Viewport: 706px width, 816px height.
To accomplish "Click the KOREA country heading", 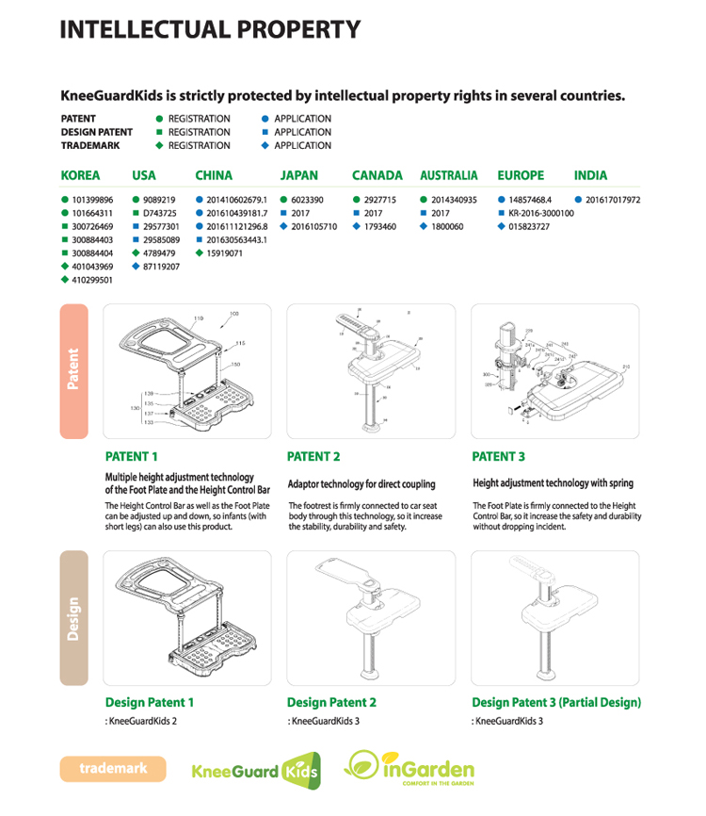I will point(80,175).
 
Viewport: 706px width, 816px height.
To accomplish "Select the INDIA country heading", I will point(590,175).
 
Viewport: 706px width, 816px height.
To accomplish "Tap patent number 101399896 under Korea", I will point(92,200).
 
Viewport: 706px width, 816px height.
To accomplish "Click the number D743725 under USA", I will point(159,213).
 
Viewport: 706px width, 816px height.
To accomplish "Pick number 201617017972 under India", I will point(613,200).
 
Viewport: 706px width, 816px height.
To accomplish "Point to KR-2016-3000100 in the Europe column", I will point(540,213).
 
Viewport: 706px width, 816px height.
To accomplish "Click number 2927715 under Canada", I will point(379,200).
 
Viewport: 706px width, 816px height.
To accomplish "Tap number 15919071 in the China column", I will point(225,253).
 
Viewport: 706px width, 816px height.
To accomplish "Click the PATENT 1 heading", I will point(132,457).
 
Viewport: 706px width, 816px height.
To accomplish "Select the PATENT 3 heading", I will point(499,457).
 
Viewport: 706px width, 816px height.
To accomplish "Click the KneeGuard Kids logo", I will point(255,771).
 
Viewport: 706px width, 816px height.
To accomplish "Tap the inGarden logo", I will point(410,769).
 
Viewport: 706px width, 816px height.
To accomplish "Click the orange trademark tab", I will point(113,769).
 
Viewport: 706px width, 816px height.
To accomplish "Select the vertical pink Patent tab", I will point(73,370).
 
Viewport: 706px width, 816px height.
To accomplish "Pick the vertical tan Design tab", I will point(73,618).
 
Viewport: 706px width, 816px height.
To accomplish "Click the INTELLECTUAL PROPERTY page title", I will point(210,29).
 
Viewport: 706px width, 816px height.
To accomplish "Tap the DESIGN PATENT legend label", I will point(97,132).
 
